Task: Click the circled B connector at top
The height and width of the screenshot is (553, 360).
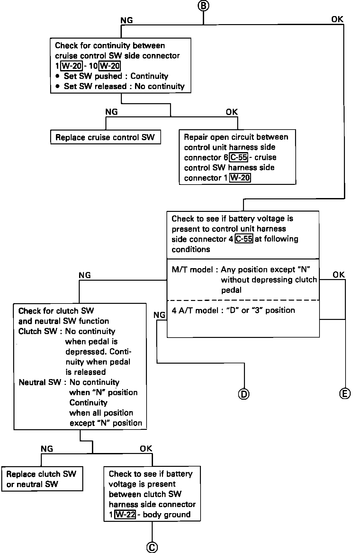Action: tap(203, 5)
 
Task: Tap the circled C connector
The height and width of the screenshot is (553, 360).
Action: tap(152, 548)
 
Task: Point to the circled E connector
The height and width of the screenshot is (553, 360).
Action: tap(345, 393)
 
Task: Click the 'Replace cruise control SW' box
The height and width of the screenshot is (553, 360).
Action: tap(105, 138)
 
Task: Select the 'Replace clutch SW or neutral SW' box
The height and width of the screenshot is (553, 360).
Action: tap(42, 479)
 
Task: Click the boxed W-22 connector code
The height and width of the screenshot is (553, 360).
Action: tap(125, 514)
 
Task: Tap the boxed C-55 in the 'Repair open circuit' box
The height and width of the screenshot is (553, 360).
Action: tap(239, 158)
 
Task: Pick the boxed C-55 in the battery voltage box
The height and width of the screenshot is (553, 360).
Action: tap(244, 239)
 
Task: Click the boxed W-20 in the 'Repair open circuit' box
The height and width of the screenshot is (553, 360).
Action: tap(240, 178)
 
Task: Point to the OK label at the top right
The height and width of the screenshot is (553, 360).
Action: tap(337, 20)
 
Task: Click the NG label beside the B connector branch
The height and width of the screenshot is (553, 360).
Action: tap(127, 21)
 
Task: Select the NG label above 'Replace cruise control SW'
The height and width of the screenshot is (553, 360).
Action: tap(112, 112)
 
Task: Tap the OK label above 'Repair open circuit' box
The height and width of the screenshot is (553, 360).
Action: tap(232, 112)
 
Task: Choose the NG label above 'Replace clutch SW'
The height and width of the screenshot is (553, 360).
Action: tap(47, 449)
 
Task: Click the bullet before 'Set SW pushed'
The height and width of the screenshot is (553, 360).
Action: tap(57, 77)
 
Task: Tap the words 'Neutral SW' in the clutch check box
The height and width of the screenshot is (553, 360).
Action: tap(40, 382)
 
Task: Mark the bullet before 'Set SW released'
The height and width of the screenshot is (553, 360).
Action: tap(57, 86)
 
